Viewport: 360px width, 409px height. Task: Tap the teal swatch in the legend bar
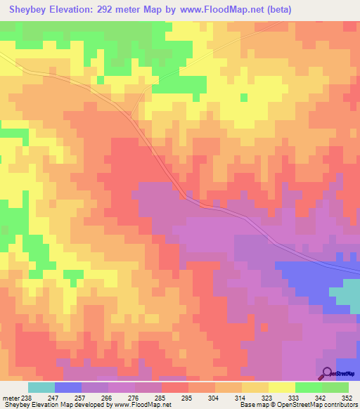coord(41,387)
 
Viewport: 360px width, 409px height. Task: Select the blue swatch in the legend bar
coord(68,387)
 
